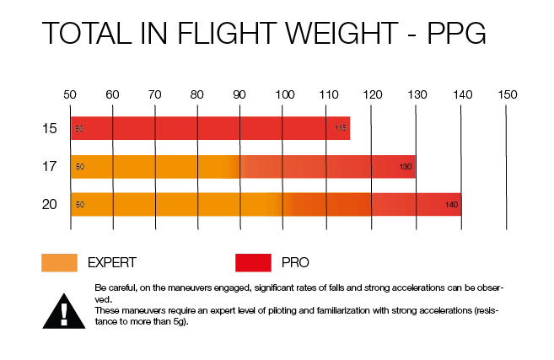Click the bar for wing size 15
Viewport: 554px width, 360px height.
pyautogui.click(x=210, y=129)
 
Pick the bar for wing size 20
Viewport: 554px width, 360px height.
pyautogui.click(x=266, y=204)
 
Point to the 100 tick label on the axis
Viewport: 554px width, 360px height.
pyautogui.click(x=284, y=94)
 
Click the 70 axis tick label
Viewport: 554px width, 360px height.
pyautogui.click(x=155, y=94)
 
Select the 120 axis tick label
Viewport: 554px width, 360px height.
pyautogui.click(x=372, y=94)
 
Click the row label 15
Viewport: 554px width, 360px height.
pyautogui.click(x=50, y=129)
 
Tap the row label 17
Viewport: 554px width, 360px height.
pyautogui.click(x=50, y=167)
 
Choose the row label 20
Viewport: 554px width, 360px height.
pyautogui.click(x=50, y=204)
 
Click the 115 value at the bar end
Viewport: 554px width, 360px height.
pyautogui.click(x=341, y=129)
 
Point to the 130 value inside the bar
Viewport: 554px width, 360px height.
pyautogui.click(x=406, y=167)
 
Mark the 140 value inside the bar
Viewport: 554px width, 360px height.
pyautogui.click(x=452, y=205)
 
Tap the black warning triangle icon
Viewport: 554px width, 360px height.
pyautogui.click(x=64, y=310)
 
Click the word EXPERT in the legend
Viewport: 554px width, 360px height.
pyautogui.click(x=111, y=262)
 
